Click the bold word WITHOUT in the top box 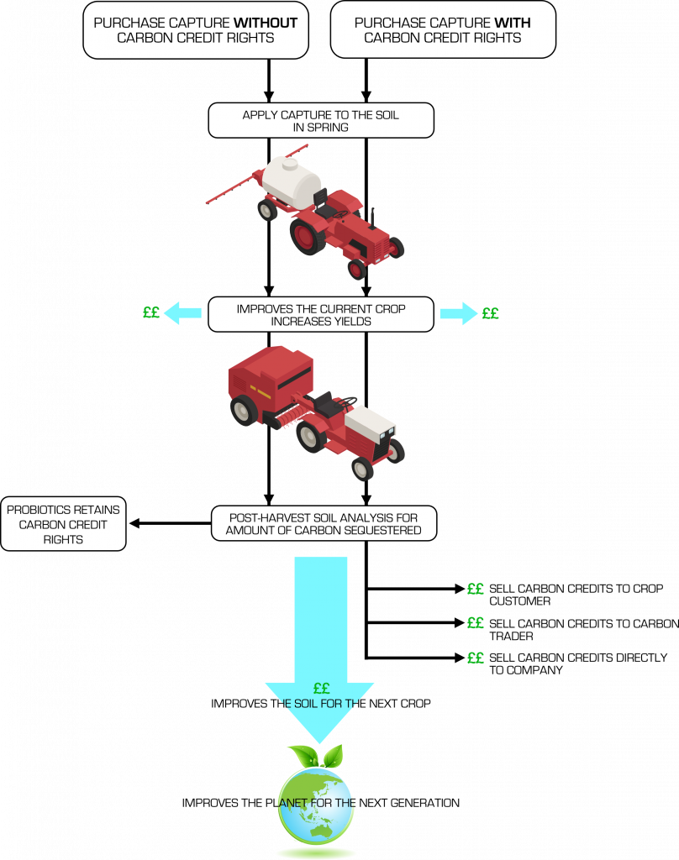266,24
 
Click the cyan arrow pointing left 182,313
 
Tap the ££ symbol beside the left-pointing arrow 151,313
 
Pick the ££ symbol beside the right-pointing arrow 491,313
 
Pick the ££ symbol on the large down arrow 320,689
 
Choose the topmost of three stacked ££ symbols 476,589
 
